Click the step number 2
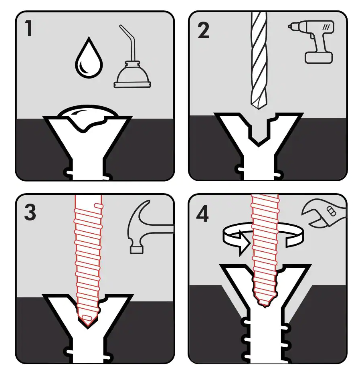click(x=203, y=30)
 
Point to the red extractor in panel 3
click(x=87, y=257)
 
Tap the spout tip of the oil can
click(x=121, y=27)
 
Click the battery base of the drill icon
click(x=319, y=57)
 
